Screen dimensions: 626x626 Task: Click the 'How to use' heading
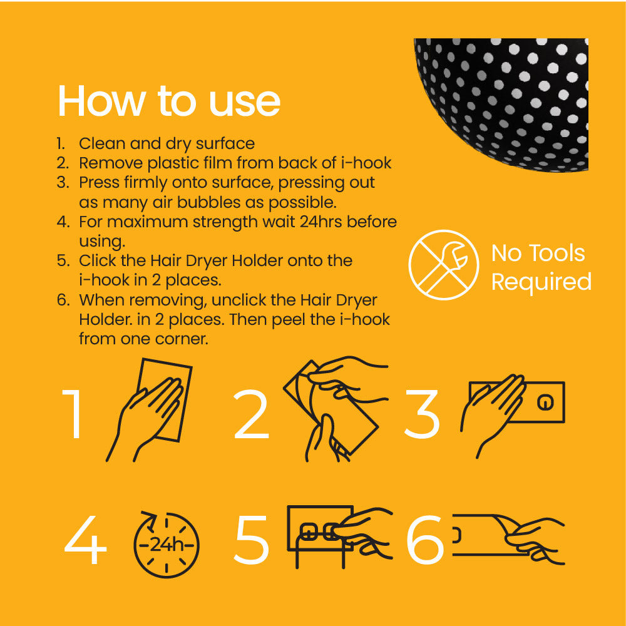(x=168, y=101)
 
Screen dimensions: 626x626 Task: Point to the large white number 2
(x=251, y=414)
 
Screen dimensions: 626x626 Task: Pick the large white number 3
(x=422, y=414)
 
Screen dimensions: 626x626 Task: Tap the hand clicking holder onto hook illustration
(x=338, y=535)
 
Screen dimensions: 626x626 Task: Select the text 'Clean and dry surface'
(x=167, y=143)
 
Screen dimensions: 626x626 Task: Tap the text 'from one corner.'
(x=143, y=339)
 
